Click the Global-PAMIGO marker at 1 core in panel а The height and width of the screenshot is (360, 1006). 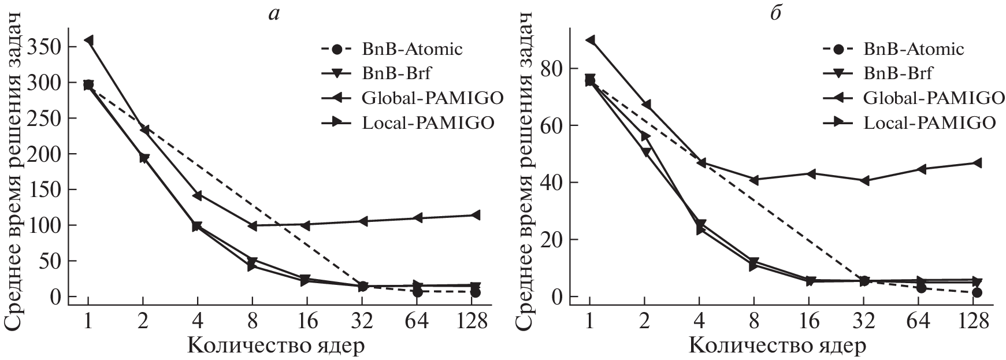click(x=88, y=40)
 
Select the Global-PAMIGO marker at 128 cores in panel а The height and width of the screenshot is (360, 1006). click(x=475, y=216)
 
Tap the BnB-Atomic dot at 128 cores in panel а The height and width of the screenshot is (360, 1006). click(x=475, y=292)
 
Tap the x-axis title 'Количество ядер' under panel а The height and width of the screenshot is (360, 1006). click(x=276, y=346)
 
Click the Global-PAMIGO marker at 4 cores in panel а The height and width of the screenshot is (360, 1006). click(x=197, y=195)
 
